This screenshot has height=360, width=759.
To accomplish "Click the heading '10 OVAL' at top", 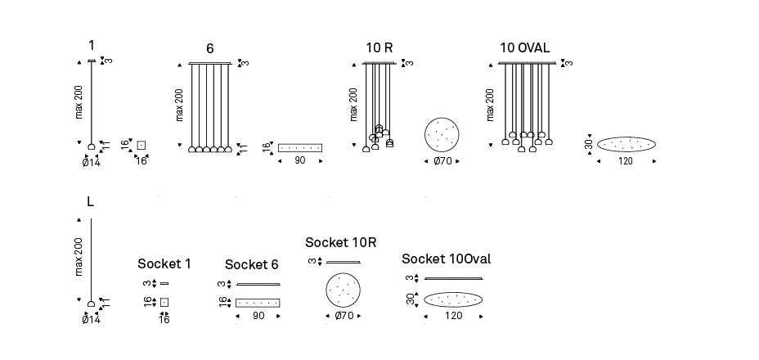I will pyautogui.click(x=524, y=48).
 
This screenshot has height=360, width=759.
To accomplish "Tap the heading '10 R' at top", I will pyautogui.click(x=379, y=48).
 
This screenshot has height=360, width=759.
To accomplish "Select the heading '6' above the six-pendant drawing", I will pyautogui.click(x=210, y=49).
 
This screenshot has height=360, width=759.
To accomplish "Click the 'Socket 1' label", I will pyautogui.click(x=164, y=263).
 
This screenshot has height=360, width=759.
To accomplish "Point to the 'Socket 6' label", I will pyautogui.click(x=252, y=264).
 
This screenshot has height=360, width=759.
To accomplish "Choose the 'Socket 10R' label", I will pyautogui.click(x=341, y=243).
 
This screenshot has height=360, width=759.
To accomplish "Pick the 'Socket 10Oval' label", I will pyautogui.click(x=446, y=259).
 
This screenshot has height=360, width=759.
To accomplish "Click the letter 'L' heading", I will pyautogui.click(x=90, y=201).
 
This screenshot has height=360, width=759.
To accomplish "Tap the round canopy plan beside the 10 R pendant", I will pyautogui.click(x=442, y=135).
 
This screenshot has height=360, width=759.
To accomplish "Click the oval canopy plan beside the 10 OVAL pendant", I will pyautogui.click(x=626, y=145).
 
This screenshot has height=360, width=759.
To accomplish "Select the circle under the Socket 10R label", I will pyautogui.click(x=344, y=290).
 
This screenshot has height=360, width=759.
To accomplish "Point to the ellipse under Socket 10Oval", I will pyautogui.click(x=453, y=299).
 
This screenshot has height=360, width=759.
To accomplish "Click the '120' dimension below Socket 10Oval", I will pyautogui.click(x=453, y=316).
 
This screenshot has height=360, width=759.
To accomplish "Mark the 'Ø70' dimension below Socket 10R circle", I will pyautogui.click(x=344, y=316).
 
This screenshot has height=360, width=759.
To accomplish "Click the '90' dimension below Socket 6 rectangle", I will pyautogui.click(x=258, y=316).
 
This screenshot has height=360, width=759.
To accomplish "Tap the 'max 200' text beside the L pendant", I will pyautogui.click(x=79, y=258).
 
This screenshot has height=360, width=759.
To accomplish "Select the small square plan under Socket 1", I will pyautogui.click(x=164, y=302).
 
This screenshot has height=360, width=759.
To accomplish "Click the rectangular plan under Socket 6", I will pyautogui.click(x=258, y=303).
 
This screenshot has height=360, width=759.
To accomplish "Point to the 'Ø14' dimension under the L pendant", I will pyautogui.click(x=90, y=320).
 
